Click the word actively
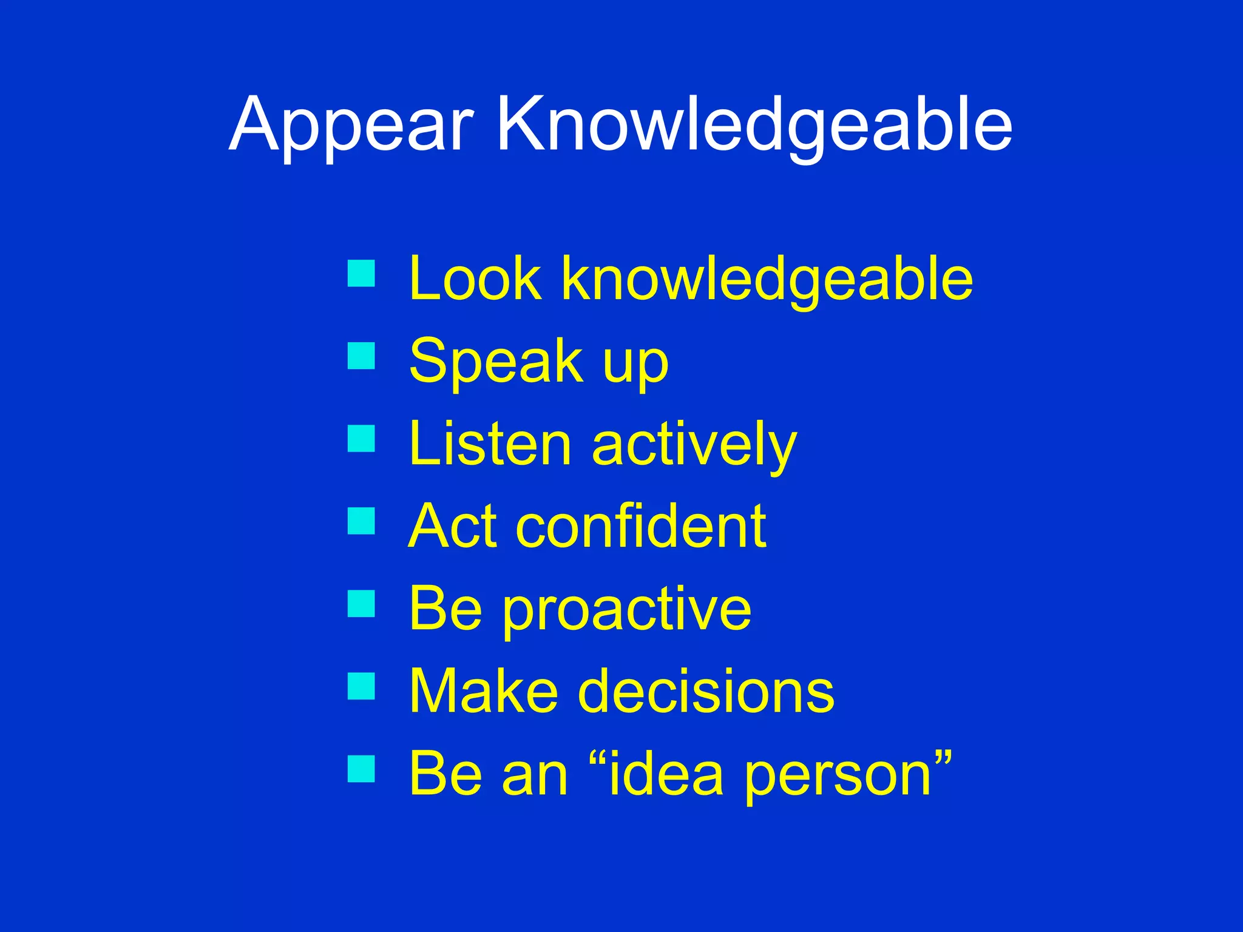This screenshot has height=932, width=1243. [694, 446]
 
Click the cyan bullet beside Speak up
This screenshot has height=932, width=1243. [361, 356]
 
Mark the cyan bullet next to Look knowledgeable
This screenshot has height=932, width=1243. [361, 273]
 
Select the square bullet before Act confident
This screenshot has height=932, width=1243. [361, 521]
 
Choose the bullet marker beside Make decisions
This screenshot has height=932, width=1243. [361, 686]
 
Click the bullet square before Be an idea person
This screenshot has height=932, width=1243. [361, 769]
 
